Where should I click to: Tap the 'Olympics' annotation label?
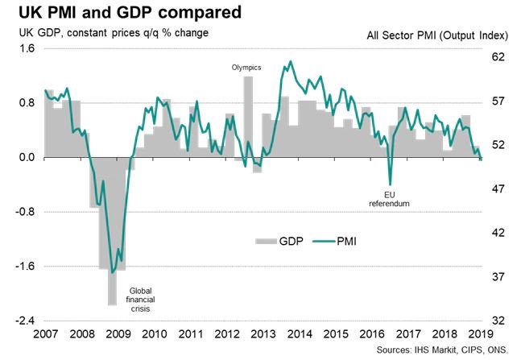coord(247,68)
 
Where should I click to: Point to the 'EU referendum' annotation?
coord(390,198)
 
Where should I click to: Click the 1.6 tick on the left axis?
coord(26,48)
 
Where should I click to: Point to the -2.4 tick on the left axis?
coord(24,321)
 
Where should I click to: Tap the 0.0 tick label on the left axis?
coord(26,158)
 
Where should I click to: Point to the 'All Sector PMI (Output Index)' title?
coord(435,35)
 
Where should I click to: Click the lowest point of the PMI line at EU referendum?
coord(390,184)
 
